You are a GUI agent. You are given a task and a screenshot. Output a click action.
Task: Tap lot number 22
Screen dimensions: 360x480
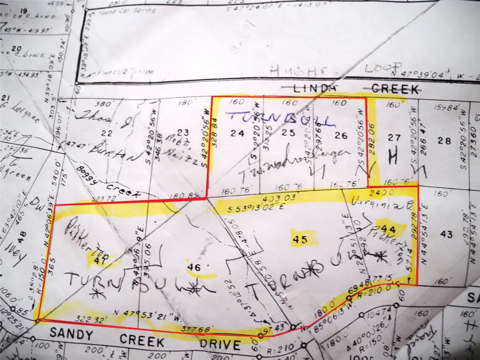pyautogui.click(x=108, y=133)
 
